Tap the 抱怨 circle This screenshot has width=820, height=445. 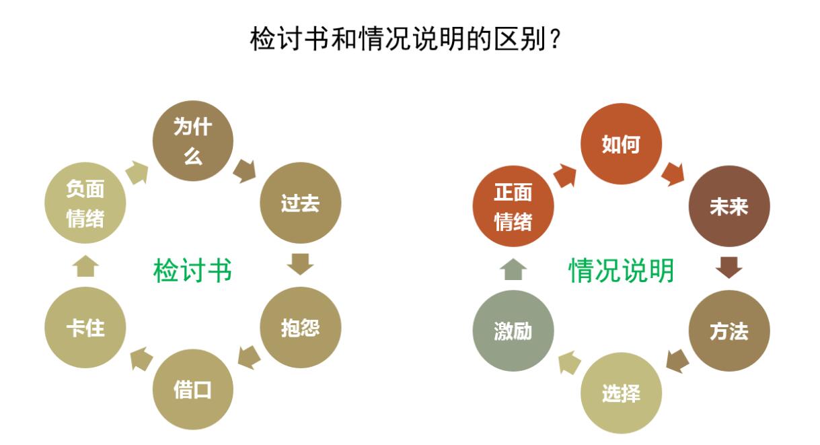300,329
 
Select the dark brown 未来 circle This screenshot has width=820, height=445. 729,206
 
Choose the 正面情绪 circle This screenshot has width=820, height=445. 513,206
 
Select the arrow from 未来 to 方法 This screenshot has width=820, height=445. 729,267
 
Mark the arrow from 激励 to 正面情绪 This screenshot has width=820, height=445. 513,270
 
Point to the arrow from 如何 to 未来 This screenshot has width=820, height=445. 673,173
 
